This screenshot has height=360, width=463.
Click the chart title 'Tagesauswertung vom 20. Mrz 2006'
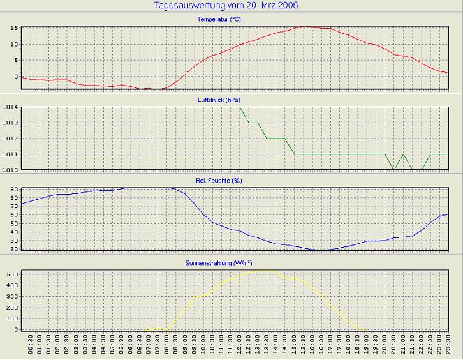click(x=226, y=6)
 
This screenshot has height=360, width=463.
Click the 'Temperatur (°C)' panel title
click(x=219, y=20)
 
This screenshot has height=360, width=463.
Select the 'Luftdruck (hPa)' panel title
click(x=219, y=100)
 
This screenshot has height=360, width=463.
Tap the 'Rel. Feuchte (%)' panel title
click(x=219, y=181)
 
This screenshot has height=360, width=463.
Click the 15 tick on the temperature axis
click(x=13, y=28)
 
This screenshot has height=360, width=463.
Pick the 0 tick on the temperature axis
click(x=16, y=77)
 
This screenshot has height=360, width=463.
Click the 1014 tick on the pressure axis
click(x=10, y=107)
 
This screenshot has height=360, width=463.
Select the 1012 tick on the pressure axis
click(x=10, y=139)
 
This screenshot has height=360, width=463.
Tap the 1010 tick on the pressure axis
click(x=10, y=170)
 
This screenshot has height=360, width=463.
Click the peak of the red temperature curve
click(x=305, y=26)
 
